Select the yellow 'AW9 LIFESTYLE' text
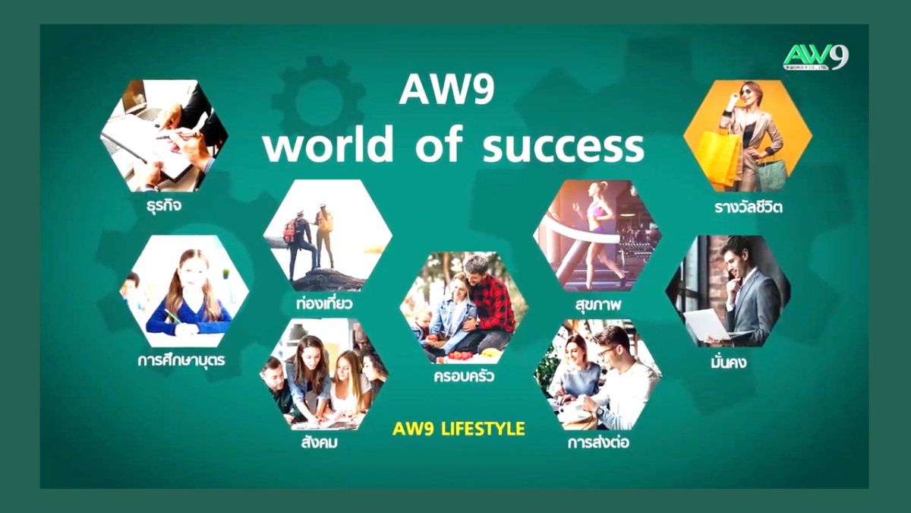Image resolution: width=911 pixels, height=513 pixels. click(459, 429)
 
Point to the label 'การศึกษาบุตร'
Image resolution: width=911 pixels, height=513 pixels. click(181, 360)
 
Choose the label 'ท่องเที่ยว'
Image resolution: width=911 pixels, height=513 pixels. click(325, 303)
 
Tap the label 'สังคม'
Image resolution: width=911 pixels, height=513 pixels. click(320, 442)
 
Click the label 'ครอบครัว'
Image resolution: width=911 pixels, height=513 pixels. click(464, 376)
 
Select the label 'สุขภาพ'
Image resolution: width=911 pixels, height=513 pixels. click(598, 305)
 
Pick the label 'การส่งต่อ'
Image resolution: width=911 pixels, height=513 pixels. click(598, 442)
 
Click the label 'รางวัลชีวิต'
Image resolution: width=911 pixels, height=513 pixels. click(749, 207)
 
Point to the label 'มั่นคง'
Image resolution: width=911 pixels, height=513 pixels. click(728, 362)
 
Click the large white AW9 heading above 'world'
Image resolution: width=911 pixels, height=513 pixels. click(447, 91)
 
